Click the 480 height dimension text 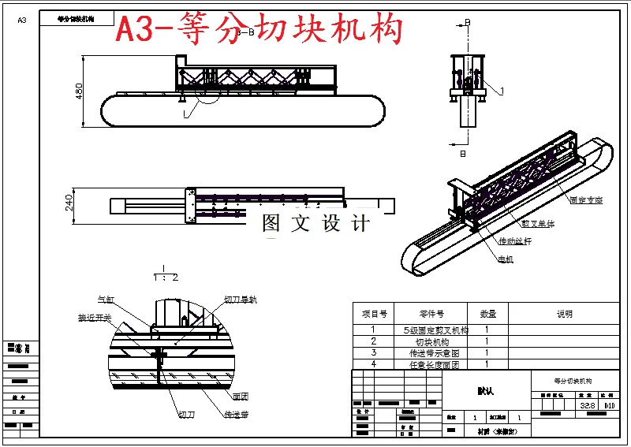(78, 91)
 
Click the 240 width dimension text (69, 204)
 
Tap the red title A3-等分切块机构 (259, 29)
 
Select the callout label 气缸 (106, 300)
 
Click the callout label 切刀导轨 (241, 300)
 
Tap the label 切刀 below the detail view (187, 414)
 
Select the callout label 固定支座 (585, 200)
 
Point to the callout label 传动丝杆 (514, 241)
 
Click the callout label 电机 (505, 259)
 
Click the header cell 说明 (564, 314)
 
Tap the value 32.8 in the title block (586, 406)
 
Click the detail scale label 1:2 (165, 278)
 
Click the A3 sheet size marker (21, 20)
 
